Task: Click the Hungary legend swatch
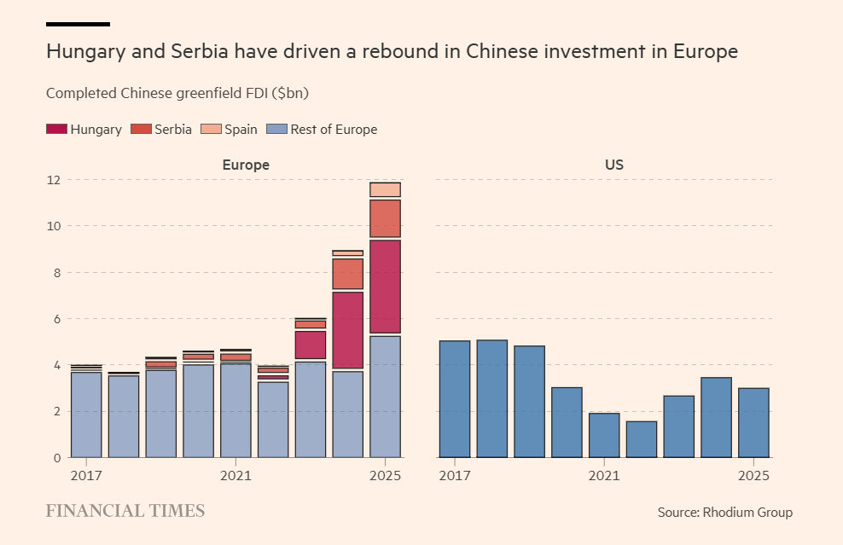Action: (x=56, y=130)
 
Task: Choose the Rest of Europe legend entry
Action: (x=322, y=130)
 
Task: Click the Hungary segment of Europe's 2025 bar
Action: (x=385, y=287)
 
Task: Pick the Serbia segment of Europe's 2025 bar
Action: (x=385, y=218)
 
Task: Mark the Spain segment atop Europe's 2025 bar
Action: (x=385, y=189)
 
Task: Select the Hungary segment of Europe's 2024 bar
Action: (x=347, y=330)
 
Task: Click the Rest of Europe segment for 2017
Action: (x=86, y=415)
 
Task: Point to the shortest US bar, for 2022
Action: (x=641, y=439)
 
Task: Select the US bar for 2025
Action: (x=753, y=423)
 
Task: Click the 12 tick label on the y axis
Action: (x=53, y=180)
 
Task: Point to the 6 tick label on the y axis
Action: (x=56, y=319)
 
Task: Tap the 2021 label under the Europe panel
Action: (x=235, y=475)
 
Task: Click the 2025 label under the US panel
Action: (x=753, y=475)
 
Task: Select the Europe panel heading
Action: (x=246, y=165)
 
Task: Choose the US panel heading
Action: (x=613, y=165)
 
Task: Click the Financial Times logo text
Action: (x=125, y=512)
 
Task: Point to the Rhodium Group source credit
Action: (x=724, y=513)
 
